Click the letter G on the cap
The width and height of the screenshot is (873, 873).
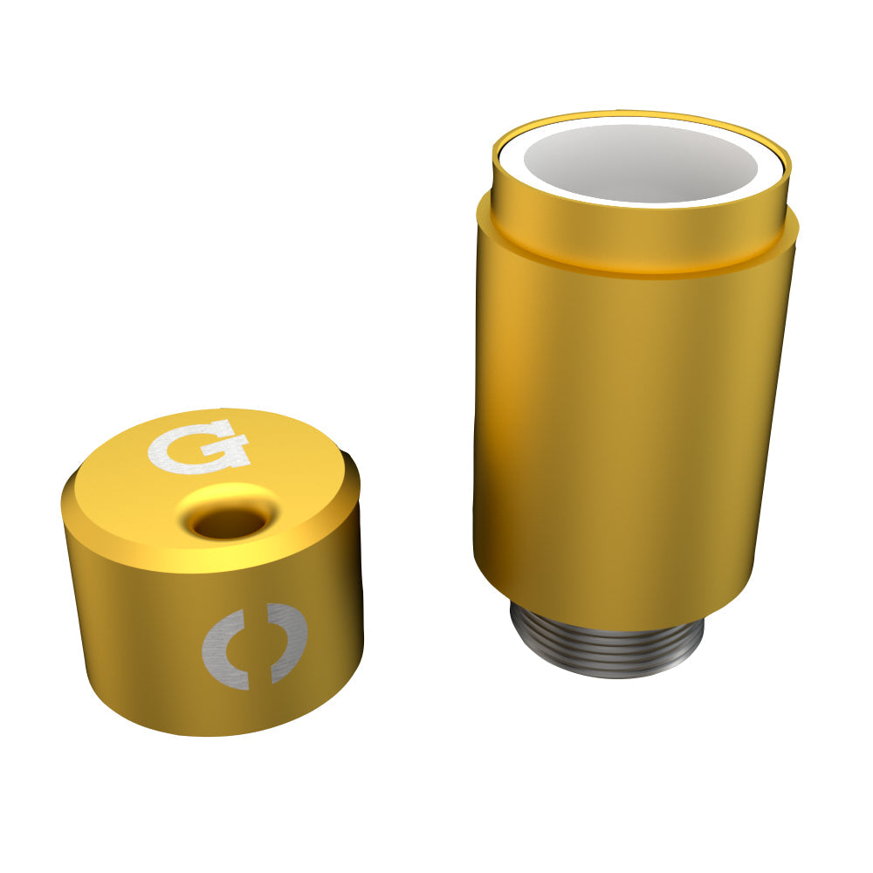tap(198, 446)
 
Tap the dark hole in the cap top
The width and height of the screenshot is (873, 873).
tap(229, 524)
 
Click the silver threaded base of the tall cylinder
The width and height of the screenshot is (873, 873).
tap(606, 643)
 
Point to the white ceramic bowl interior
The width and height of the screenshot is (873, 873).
tap(642, 162)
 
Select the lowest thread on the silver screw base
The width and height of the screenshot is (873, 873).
tap(608, 670)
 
